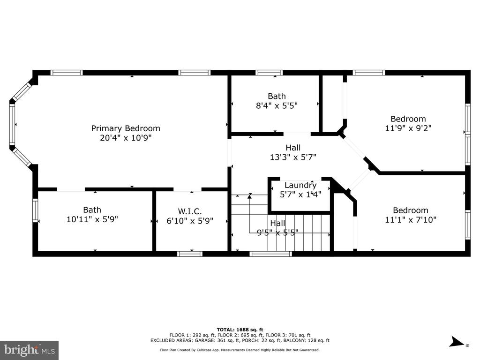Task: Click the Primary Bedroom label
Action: pos(126,128)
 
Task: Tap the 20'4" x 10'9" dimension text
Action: pos(126,138)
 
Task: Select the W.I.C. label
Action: pos(190,211)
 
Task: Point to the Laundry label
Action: pos(300,185)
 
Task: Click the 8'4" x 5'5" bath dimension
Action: pos(277,105)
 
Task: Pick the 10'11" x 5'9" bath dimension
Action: pos(92,219)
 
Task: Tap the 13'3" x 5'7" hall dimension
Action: pos(293,157)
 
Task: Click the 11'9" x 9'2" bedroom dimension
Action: pos(408,128)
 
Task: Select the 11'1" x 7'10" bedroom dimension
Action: pos(411,219)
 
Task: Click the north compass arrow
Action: pos(457,342)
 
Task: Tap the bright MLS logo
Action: pos(30,350)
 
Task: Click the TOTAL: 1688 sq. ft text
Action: pos(240,330)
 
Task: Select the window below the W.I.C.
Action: pos(190,254)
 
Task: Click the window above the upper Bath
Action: pos(269,73)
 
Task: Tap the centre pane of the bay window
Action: pos(12,124)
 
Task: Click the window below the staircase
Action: pos(270,254)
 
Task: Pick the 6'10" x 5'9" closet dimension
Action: pos(190,221)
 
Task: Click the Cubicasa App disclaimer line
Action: pos(240,350)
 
